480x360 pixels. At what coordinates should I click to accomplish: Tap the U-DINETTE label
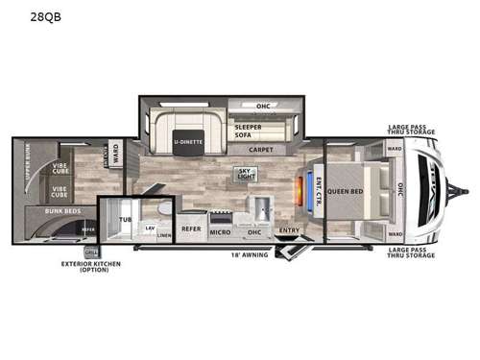pyautogui.click(x=187, y=143)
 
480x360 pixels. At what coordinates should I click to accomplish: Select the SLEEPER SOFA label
pyautogui.click(x=249, y=131)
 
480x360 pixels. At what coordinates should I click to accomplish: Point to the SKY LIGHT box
pyautogui.click(x=248, y=174)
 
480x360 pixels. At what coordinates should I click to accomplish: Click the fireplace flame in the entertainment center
pyautogui.click(x=304, y=188)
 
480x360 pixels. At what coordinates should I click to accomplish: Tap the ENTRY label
pyautogui.click(x=288, y=231)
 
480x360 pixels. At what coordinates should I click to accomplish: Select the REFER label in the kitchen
pyautogui.click(x=190, y=230)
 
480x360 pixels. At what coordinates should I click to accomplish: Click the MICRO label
pyautogui.click(x=220, y=231)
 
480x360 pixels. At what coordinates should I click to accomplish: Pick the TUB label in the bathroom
pyautogui.click(x=125, y=220)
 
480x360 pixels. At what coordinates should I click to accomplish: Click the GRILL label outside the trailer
pyautogui.click(x=91, y=252)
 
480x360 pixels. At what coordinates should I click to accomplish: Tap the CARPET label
pyautogui.click(x=260, y=150)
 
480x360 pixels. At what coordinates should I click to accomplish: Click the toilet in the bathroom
pyautogui.click(x=163, y=208)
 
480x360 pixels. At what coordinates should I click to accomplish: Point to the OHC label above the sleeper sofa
pyautogui.click(x=262, y=106)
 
